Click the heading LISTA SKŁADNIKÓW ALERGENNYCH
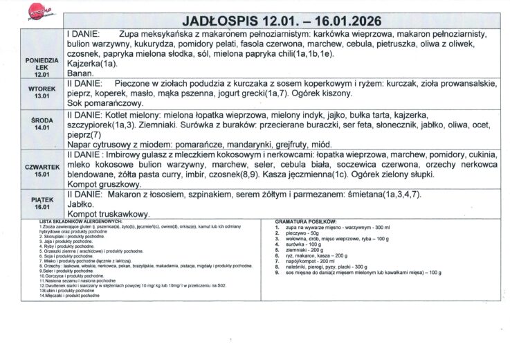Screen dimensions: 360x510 (x=75, y=221)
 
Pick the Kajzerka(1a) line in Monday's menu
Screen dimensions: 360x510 (x=91, y=62)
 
